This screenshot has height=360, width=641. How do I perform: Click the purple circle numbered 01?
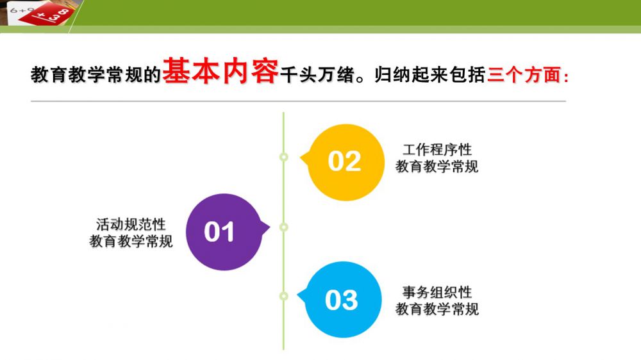click(x=224, y=232)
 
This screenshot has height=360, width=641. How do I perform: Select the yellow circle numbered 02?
click(x=345, y=162)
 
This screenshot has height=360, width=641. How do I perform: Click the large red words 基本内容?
click(x=221, y=71)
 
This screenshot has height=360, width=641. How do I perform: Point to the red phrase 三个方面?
click(x=528, y=75)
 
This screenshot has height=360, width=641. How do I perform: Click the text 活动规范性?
click(x=131, y=224)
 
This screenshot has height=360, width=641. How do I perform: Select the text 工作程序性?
click(x=437, y=149)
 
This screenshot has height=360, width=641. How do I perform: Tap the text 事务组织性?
click(x=437, y=292)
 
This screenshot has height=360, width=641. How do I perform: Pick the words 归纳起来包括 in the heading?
click(x=429, y=75)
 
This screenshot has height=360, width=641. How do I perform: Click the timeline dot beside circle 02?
click(x=283, y=157)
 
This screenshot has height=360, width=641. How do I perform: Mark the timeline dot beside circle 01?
click(x=283, y=227)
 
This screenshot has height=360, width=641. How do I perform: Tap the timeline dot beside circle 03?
click(x=283, y=296)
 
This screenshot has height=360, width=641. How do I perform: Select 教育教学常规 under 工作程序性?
click(x=437, y=167)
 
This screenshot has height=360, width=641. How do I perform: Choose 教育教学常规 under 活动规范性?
click(x=131, y=241)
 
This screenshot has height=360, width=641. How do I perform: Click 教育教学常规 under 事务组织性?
click(x=437, y=309)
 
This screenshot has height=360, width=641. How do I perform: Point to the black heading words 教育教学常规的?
click(x=96, y=75)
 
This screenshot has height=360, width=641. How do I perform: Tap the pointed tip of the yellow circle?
click(x=300, y=158)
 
